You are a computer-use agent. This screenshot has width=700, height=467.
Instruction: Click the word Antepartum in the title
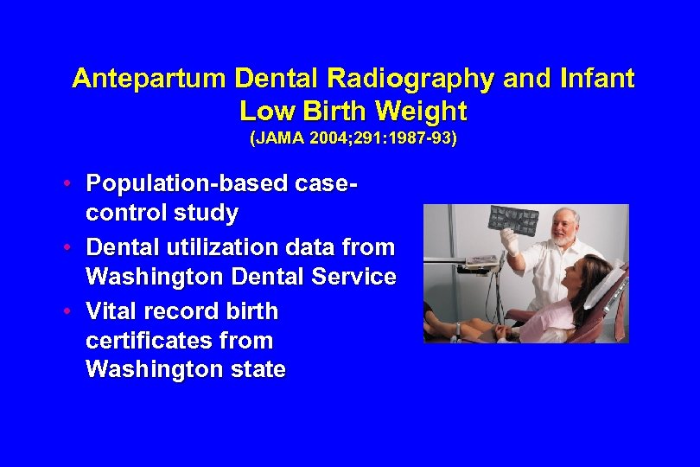149,80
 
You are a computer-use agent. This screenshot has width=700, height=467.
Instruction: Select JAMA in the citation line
275,138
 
